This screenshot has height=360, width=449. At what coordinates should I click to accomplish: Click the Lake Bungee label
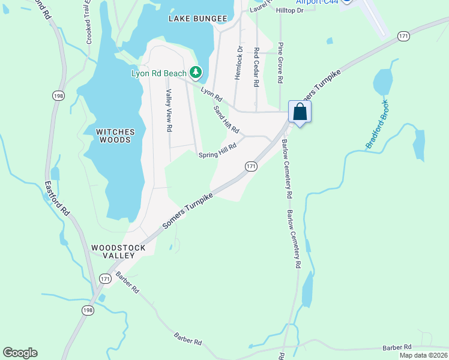coord(197,19)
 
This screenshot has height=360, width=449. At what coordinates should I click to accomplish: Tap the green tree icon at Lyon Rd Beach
coord(196,73)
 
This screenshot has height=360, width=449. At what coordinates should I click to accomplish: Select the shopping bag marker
coord(300,112)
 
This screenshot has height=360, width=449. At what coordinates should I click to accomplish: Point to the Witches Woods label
coord(114,136)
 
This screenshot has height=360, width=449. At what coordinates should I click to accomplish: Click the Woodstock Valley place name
coord(113,251)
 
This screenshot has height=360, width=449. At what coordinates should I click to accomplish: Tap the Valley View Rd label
coord(169,110)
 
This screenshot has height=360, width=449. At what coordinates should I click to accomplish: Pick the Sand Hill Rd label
coord(227,119)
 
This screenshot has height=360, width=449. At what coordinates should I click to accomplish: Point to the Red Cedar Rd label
coord(256,67)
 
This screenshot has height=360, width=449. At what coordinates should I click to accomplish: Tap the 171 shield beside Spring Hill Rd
coord(251,166)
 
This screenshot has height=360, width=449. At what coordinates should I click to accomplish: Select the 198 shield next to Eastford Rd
coord(58,95)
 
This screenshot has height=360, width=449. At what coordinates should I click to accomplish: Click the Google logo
coord(20,353)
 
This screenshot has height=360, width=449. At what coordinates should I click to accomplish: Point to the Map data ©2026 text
coord(423,355)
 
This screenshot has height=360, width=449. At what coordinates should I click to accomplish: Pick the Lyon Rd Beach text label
coord(158,74)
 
